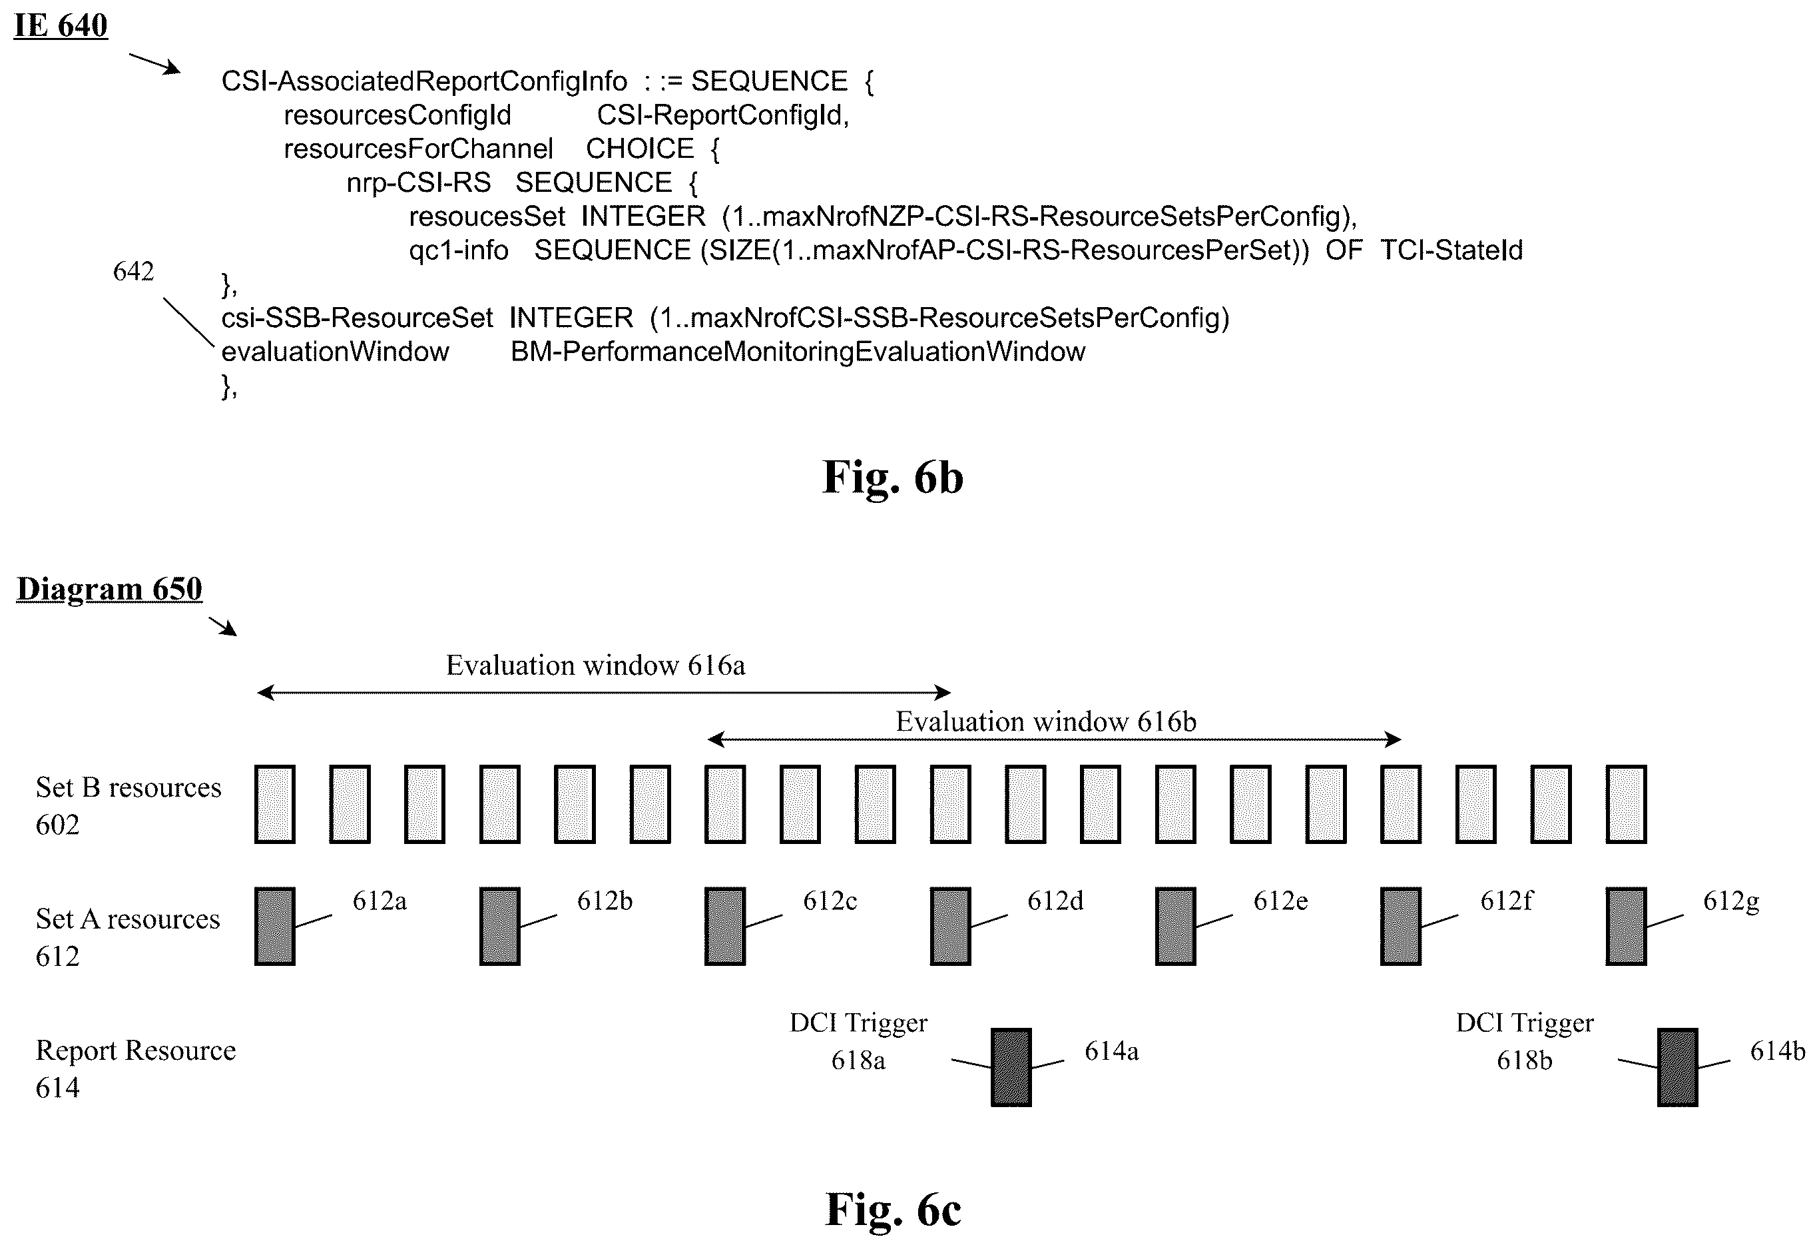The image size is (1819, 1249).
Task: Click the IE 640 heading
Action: click(x=61, y=25)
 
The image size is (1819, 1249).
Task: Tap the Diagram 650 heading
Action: click(x=110, y=589)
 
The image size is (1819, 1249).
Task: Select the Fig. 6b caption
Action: click(x=893, y=478)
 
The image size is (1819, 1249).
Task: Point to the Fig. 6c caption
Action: click(x=893, y=1210)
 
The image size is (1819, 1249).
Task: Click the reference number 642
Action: click(x=133, y=271)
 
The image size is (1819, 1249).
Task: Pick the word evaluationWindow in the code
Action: click(x=335, y=352)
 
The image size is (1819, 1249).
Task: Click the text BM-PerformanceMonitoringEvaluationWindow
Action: click(x=798, y=352)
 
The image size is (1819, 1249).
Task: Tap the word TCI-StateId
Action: click(x=1451, y=250)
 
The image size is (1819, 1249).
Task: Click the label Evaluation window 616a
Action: click(x=596, y=665)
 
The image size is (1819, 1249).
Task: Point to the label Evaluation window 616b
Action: click(x=1046, y=722)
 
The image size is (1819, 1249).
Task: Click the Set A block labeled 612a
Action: click(x=275, y=927)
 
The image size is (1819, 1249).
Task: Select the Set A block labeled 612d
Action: click(x=950, y=927)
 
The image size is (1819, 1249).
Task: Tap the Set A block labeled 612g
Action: click(x=1627, y=927)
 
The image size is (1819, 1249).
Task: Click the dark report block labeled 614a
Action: click(x=1011, y=1067)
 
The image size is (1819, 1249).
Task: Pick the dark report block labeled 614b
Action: click(x=1677, y=1067)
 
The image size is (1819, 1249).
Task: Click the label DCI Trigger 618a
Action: click(x=859, y=1041)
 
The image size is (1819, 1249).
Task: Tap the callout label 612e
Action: click(x=1280, y=901)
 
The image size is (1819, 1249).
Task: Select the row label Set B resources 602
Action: click(x=129, y=806)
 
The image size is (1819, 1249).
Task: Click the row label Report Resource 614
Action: click(x=135, y=1069)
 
